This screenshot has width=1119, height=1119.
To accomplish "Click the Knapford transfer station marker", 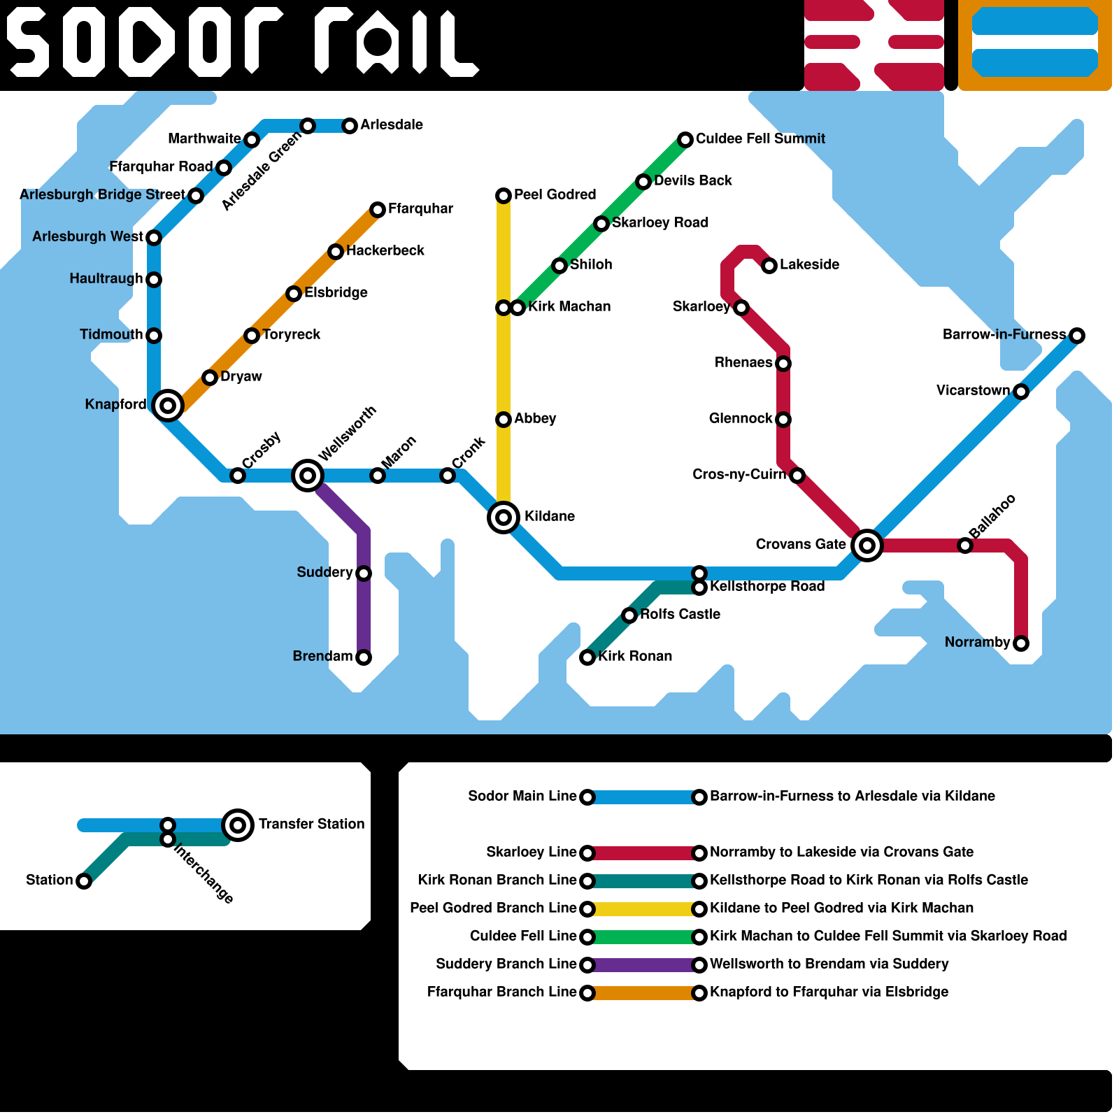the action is [x=168, y=405].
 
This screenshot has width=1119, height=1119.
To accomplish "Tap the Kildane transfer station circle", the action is [x=504, y=518].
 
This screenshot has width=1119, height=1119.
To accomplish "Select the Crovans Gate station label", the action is [x=800, y=544].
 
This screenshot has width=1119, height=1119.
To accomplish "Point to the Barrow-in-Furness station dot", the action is [x=1077, y=336].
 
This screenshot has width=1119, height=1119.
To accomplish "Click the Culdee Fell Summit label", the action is [x=760, y=138].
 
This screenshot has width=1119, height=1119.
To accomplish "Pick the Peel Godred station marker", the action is [x=504, y=196].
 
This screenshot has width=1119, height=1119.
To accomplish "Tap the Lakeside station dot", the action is [x=769, y=266].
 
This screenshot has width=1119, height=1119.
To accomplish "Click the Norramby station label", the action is [x=977, y=642].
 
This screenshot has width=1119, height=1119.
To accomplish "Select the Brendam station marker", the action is [x=364, y=657].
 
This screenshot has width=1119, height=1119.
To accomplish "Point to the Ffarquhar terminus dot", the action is [x=378, y=210].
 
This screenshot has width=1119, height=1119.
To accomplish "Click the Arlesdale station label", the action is [x=392, y=124].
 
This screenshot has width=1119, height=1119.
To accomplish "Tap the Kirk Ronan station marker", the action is [x=587, y=657].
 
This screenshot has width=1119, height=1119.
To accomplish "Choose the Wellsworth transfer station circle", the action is [x=308, y=476].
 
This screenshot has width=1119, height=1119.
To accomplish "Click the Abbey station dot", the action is [x=504, y=420].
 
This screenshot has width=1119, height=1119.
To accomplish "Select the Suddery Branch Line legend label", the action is [x=506, y=964].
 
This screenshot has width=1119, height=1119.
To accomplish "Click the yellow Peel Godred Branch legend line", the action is [x=643, y=909].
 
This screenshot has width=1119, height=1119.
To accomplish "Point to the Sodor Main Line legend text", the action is [x=522, y=796].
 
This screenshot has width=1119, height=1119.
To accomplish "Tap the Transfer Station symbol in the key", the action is [x=238, y=825].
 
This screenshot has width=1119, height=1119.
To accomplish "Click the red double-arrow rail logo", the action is [x=874, y=45].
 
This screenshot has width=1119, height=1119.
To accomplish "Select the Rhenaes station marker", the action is [x=783, y=364].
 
